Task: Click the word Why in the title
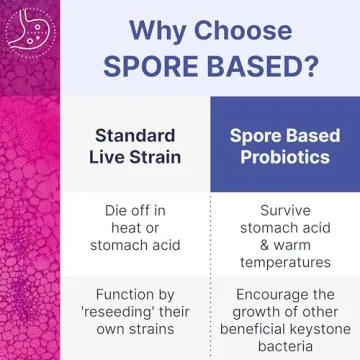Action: (x=156, y=29)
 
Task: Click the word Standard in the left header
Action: (x=134, y=135)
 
